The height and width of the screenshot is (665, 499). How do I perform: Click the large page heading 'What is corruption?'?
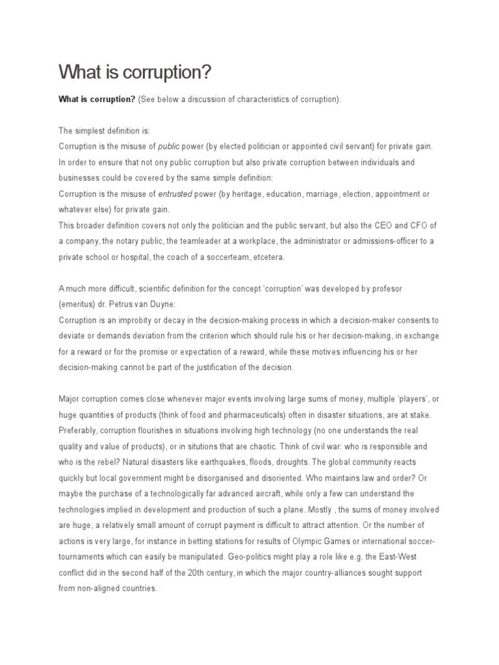point(135,73)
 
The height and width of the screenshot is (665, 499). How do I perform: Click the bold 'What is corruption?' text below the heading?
point(97,99)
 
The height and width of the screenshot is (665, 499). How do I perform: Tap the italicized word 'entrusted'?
point(175,194)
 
